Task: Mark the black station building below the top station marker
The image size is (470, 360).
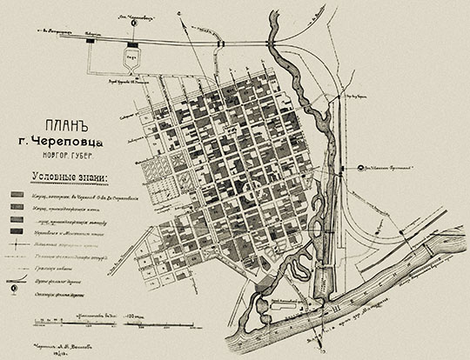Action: pyautogui.click(x=132, y=43)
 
